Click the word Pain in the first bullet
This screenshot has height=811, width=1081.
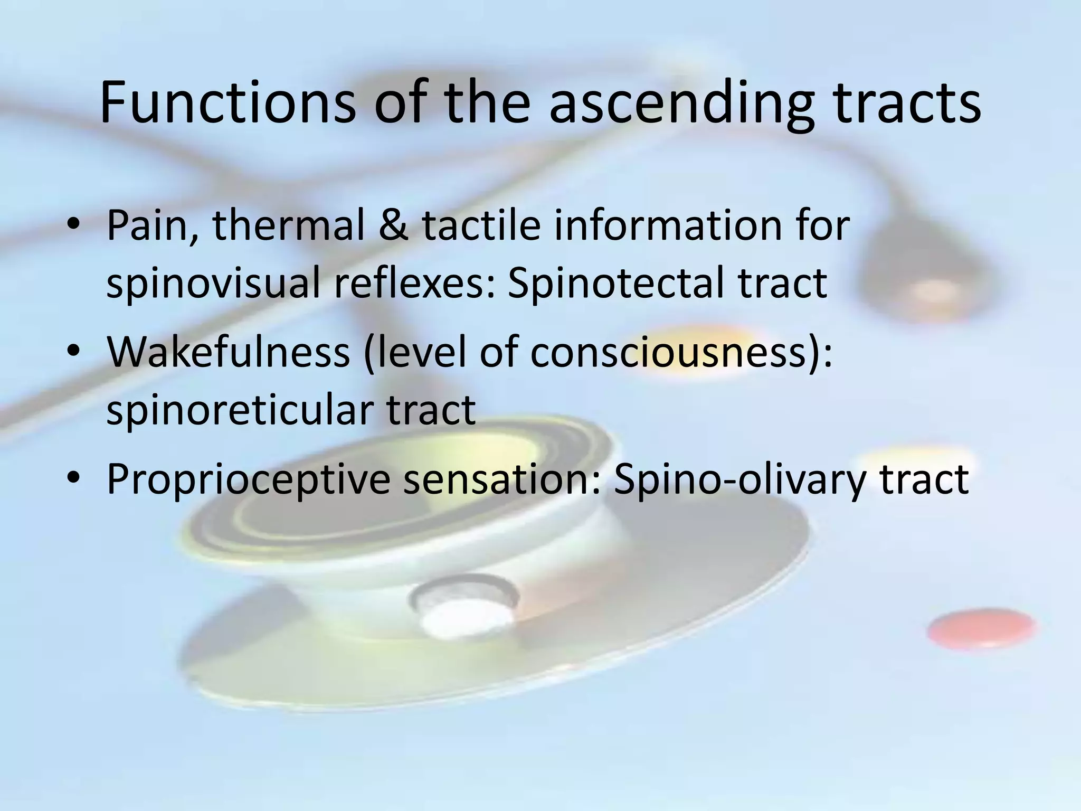[x=151, y=226]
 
